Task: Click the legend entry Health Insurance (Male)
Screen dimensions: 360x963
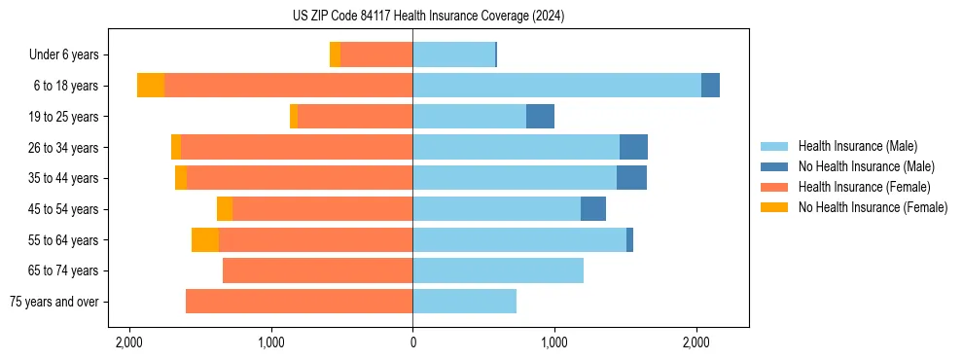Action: (x=857, y=146)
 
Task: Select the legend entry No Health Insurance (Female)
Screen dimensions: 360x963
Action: (x=873, y=207)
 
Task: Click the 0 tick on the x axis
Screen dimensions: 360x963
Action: (x=412, y=343)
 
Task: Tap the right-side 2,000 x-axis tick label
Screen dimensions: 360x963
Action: (x=695, y=343)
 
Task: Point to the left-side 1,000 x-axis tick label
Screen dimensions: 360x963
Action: (x=271, y=343)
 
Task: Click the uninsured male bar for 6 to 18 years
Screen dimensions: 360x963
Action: (x=710, y=86)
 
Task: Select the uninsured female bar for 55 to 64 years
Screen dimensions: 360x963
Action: (x=205, y=239)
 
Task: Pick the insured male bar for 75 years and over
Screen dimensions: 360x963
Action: (x=464, y=302)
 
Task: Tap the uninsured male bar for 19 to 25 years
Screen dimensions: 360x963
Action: (x=540, y=117)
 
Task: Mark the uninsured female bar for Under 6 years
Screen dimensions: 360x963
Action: (x=336, y=55)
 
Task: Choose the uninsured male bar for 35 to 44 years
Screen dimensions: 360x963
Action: (x=631, y=178)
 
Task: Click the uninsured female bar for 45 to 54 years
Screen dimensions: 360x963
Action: (x=225, y=209)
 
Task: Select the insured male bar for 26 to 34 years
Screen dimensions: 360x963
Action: (x=516, y=147)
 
